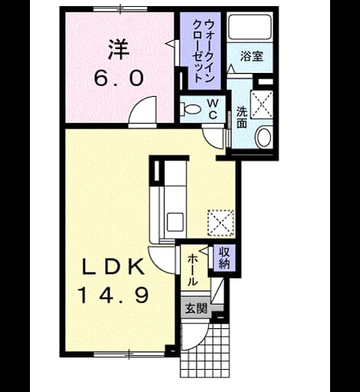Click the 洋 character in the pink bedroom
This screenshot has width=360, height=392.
pos(119,50)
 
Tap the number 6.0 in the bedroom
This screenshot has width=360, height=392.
pos(118,78)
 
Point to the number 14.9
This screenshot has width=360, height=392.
pos(113,295)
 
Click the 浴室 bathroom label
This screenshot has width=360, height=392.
pos(252,56)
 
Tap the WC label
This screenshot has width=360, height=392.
pos(213,109)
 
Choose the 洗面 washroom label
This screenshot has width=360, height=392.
pos(242,117)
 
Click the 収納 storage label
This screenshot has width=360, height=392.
pos(224,259)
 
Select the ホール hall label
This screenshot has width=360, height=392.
pos(193,270)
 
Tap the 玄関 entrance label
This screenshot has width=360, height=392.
pos(196,309)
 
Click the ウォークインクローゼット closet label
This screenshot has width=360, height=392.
pos(203,51)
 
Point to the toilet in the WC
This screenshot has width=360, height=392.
pos(190,109)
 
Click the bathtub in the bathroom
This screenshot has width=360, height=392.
pos(249,27)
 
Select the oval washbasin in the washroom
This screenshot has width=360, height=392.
pos(264,137)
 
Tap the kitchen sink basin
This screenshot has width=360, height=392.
pos(175,222)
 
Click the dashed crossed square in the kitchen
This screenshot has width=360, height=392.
pos(220,222)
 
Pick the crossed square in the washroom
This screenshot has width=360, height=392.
pos(262,104)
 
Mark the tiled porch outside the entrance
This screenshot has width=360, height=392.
pos(205,354)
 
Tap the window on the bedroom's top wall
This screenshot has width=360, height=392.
pos(121,9)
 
